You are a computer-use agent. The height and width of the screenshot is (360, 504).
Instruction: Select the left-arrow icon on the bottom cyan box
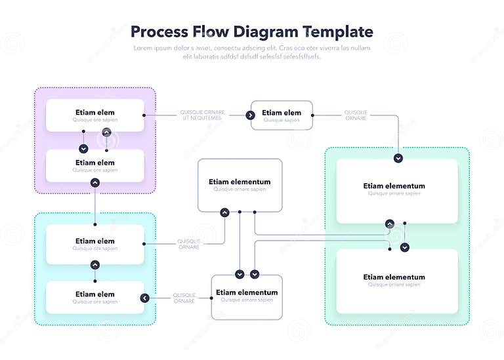click(144, 298)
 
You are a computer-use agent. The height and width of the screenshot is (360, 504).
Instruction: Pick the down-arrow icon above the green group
click(398, 158)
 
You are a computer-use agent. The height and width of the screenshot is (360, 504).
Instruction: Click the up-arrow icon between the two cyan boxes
click(95, 264)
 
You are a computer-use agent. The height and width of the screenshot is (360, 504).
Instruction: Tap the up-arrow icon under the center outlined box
click(224, 212)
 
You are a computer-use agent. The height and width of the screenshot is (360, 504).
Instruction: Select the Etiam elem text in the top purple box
click(95, 112)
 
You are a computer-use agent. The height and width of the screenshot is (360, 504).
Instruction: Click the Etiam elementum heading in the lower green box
click(394, 277)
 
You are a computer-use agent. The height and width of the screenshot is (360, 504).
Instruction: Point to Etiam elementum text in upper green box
click(394, 186)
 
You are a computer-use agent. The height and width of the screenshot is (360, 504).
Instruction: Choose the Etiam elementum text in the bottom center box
click(247, 292)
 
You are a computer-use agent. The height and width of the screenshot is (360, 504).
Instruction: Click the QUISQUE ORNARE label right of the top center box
click(356, 115)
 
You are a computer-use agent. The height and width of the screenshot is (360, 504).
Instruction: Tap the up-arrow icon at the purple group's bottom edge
click(95, 182)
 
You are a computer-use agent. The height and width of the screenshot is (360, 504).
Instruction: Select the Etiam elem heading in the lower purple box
click(95, 163)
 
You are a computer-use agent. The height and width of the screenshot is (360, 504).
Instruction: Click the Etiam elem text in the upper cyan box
click(95, 241)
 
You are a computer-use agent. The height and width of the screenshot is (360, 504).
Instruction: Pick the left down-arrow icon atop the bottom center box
click(240, 274)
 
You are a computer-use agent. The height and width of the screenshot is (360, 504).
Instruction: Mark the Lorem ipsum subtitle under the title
click(252, 52)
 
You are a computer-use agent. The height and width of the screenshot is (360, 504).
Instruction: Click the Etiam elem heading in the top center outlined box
click(282, 113)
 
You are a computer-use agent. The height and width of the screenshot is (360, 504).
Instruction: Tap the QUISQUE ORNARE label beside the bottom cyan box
click(184, 298)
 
